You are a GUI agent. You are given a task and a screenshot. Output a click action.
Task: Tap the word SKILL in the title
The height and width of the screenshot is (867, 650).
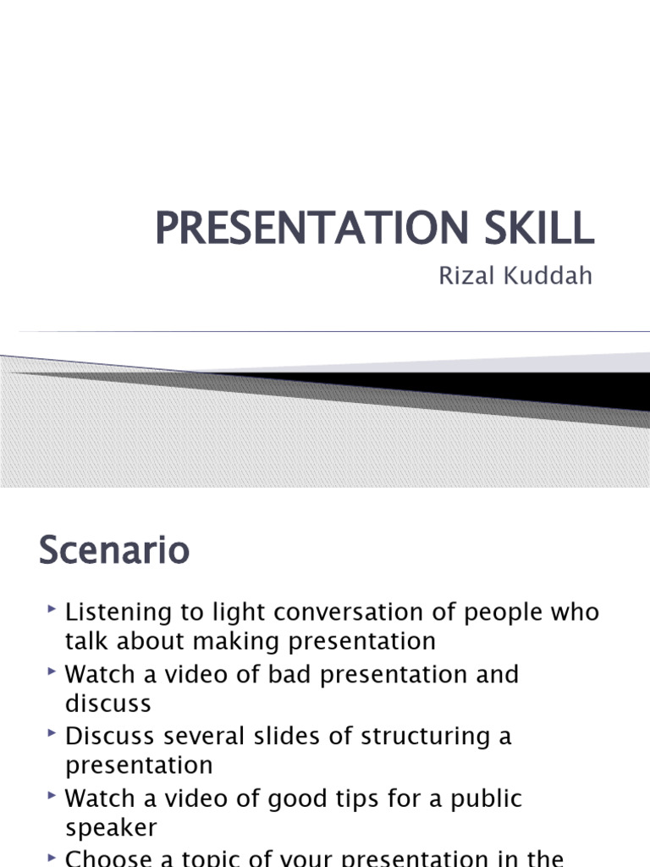point(538,229)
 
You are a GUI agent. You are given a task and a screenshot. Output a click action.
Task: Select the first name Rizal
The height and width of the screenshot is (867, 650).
point(465,277)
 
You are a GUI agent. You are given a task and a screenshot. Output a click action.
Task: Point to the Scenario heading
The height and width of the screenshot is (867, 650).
point(114,551)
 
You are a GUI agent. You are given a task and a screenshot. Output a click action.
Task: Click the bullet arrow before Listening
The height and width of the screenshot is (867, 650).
point(52,609)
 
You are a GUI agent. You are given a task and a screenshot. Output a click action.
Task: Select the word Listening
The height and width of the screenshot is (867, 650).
point(118,612)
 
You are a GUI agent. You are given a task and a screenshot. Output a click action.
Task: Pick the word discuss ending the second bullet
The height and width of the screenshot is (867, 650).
point(108,704)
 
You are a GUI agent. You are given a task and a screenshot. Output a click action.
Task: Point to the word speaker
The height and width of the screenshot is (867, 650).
point(111,828)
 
